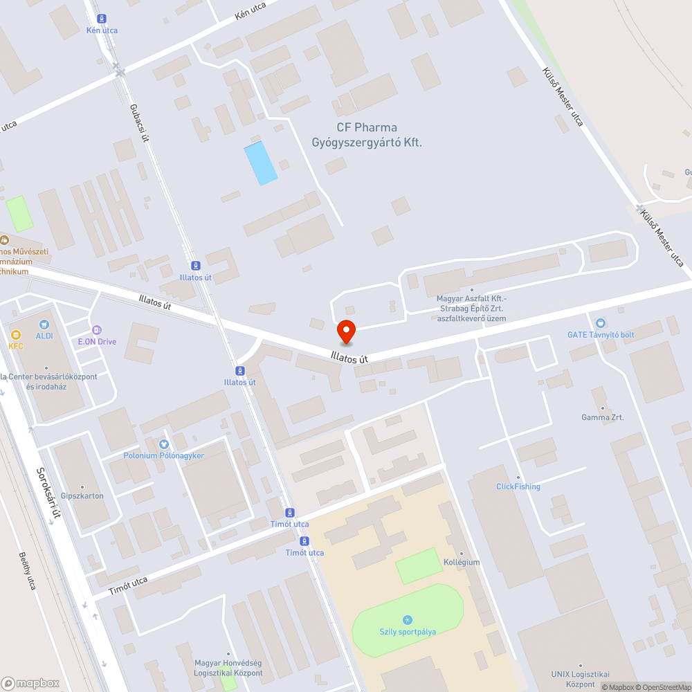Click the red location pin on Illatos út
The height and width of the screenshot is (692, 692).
tap(346, 332)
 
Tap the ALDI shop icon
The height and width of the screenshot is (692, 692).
tap(45, 324)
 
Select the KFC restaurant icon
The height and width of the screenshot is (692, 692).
tap(16, 335)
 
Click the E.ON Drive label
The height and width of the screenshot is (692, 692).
tap(97, 341)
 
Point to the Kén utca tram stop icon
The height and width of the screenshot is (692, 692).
tap(102, 19)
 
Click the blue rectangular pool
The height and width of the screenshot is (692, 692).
tap(261, 163)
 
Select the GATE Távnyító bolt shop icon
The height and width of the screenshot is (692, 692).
tap(600, 323)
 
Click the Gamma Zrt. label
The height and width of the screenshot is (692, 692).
tap(602, 417)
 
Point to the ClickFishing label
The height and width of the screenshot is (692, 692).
tap(518, 486)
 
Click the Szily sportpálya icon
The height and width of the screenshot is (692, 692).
tap(407, 619)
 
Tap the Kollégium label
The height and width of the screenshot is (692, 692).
tap(462, 562)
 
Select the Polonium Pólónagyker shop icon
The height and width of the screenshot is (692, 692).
tap(164, 444)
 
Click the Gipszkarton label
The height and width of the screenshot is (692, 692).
tap(82, 495)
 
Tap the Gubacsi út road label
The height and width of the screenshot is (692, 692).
tap(140, 123)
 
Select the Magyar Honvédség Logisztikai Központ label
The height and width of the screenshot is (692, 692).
tap(228, 668)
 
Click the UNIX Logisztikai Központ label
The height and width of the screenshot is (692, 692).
tap(580, 679)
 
